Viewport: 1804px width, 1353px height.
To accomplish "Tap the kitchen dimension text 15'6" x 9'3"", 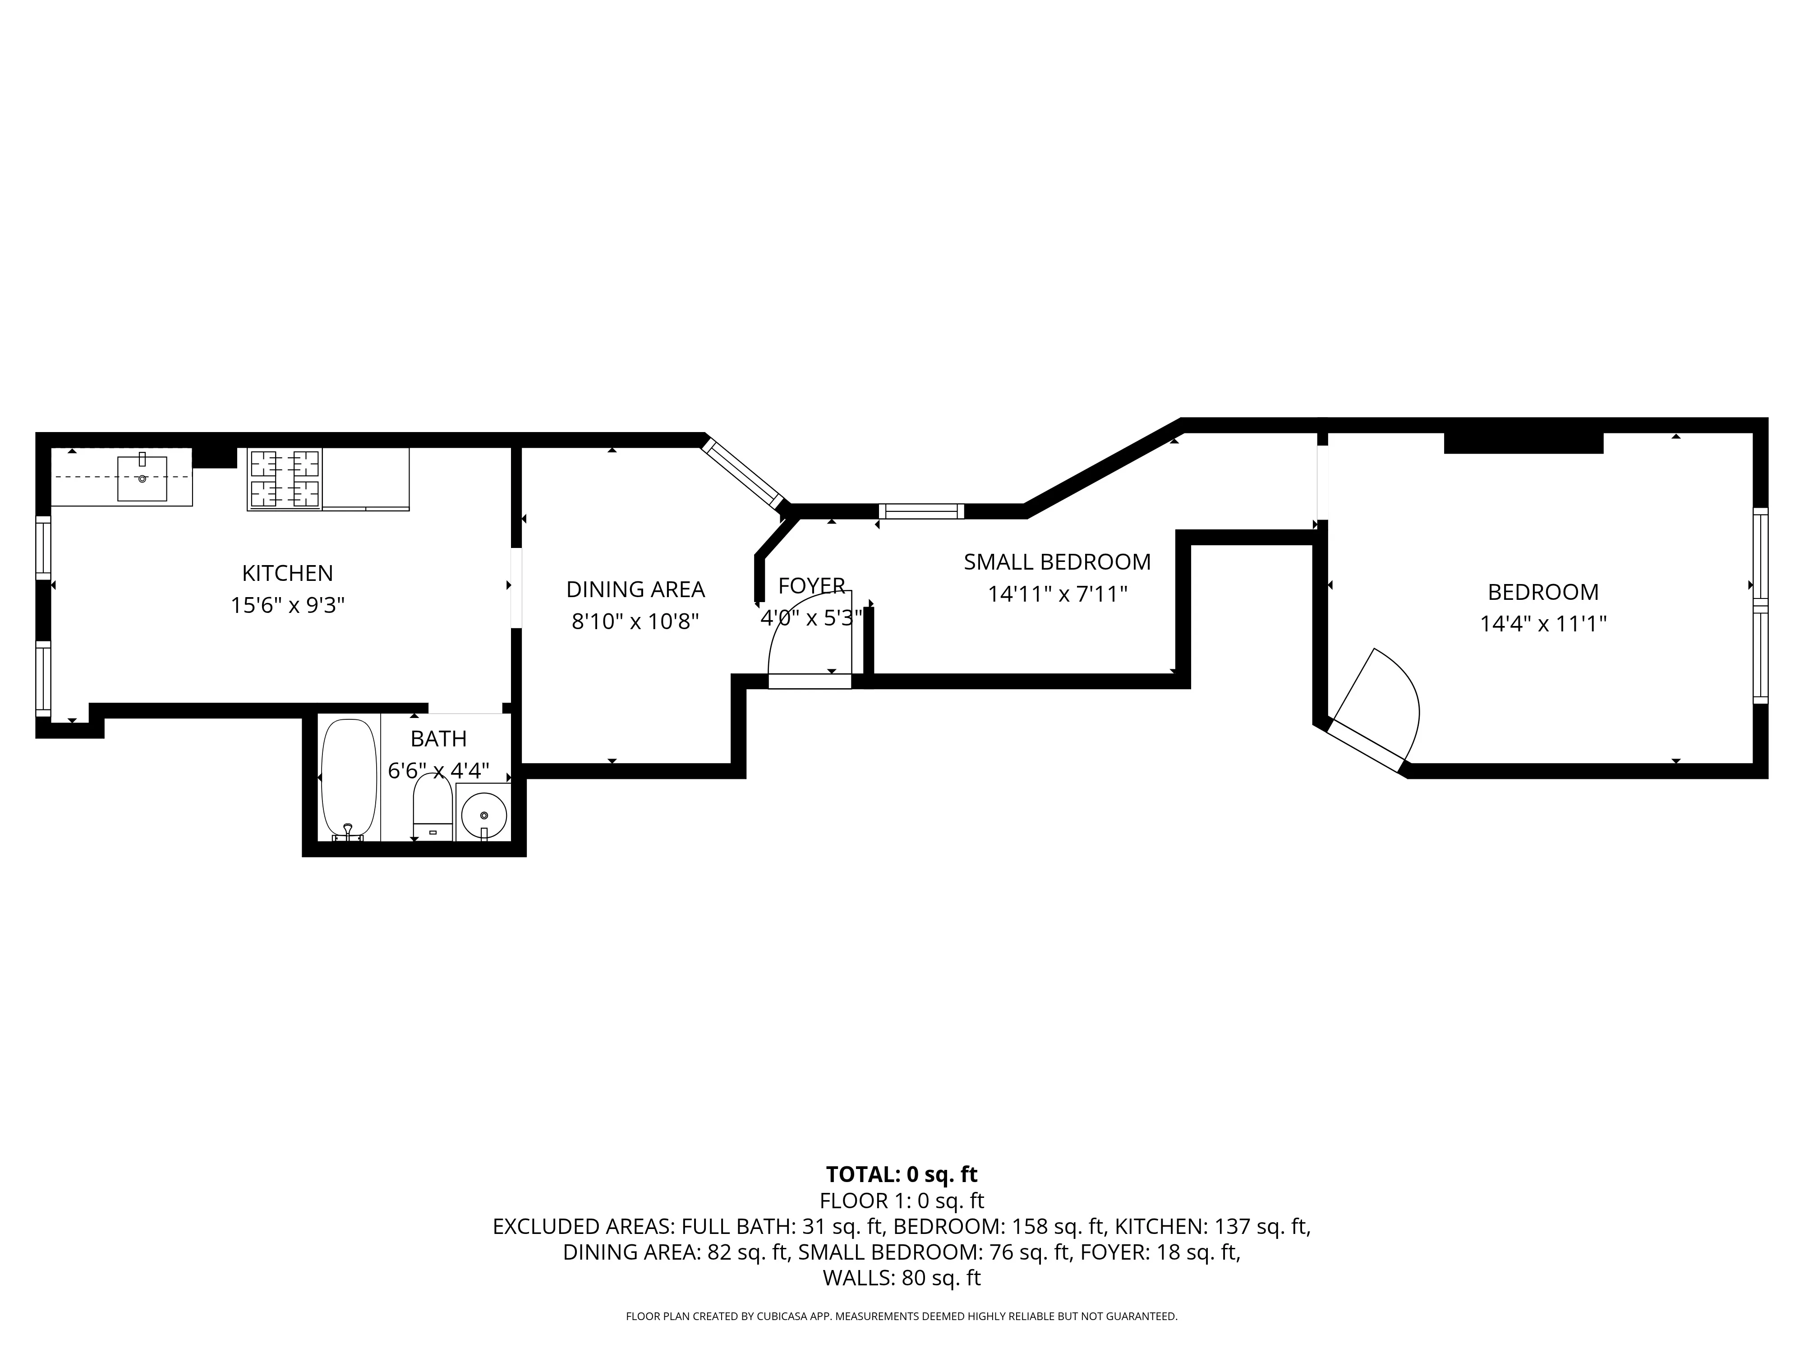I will click(287, 605).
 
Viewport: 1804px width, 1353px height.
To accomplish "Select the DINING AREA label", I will click(635, 589).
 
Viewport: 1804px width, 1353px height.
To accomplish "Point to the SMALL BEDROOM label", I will click(1057, 562).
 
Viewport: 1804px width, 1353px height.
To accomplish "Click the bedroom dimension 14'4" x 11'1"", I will click(1543, 624).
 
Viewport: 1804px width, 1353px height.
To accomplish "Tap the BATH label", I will click(438, 739).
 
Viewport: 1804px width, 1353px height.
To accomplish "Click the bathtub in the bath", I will click(349, 777).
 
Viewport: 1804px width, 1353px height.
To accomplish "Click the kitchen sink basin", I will click(142, 479).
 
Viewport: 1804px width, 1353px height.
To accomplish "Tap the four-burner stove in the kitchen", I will click(284, 479).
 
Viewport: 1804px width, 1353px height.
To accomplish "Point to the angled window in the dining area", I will click(744, 474).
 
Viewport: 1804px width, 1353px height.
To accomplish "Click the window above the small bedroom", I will click(921, 511).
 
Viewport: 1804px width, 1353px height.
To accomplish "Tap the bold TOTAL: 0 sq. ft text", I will click(901, 1174).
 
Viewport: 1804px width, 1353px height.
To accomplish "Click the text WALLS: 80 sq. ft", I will click(901, 1278).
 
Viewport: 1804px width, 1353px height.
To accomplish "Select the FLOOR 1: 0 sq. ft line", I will click(901, 1201).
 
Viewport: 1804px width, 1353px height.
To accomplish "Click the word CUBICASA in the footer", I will click(784, 1316).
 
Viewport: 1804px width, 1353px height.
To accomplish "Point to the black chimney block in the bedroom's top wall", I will click(1523, 443).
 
